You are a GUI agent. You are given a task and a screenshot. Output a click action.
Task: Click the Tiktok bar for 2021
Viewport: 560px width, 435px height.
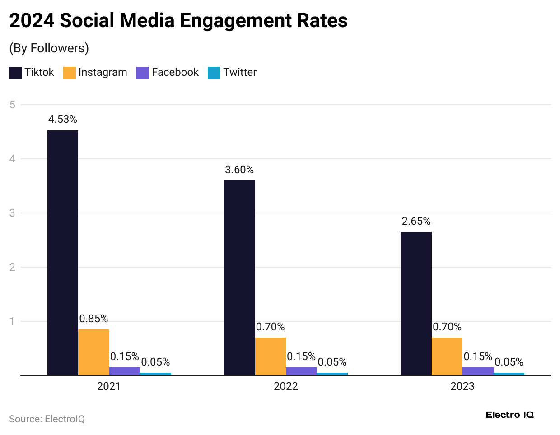pos(63,253)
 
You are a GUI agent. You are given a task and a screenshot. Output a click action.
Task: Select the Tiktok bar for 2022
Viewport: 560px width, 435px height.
pos(239,278)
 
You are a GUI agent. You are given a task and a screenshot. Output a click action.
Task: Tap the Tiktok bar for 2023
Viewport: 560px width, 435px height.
pos(416,303)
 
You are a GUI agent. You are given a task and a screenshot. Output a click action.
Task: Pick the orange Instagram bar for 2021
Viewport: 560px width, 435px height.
pos(94,352)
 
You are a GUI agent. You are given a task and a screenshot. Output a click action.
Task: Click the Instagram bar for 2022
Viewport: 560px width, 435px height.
pos(271,356)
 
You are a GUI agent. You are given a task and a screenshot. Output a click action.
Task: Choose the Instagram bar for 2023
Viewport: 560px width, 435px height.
pos(447,356)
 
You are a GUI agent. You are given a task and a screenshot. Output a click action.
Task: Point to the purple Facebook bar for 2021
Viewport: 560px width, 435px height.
pos(125,371)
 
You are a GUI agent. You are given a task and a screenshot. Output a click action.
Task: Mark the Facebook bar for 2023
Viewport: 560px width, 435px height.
pos(478,371)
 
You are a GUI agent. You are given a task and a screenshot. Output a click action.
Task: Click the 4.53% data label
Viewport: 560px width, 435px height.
pos(63,119)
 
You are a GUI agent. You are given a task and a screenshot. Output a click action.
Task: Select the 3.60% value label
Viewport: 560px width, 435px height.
pos(239,170)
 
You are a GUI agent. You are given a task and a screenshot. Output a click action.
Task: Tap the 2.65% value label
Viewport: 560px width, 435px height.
pos(416,221)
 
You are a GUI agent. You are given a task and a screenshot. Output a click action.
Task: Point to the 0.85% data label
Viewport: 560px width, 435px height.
pos(93,319)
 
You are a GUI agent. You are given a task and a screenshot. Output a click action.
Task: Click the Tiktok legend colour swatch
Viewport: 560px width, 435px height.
pos(15,73)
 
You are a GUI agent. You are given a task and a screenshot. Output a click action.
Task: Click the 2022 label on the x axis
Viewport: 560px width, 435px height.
pos(286,386)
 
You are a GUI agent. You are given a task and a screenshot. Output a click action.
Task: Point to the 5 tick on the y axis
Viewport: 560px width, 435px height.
pos(12,105)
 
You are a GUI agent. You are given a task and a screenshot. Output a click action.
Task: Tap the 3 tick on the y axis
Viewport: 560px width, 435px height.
pos(12,213)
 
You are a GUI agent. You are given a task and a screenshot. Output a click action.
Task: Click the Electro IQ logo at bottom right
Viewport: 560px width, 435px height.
pos(509,415)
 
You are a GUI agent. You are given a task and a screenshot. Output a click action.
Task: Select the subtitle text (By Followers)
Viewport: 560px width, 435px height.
pos(49,48)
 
